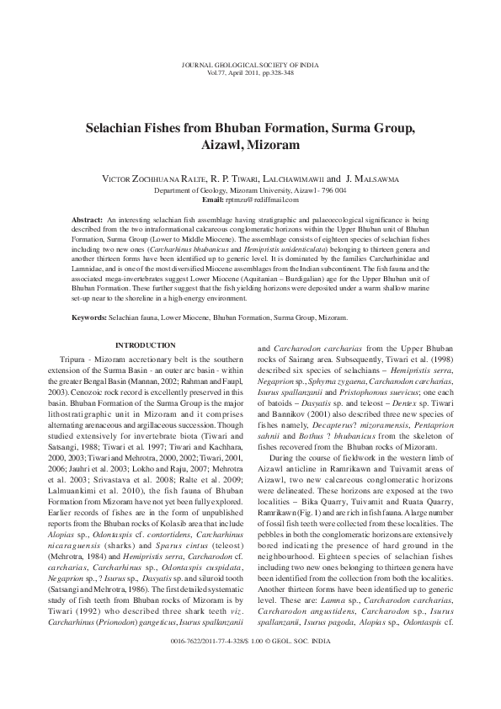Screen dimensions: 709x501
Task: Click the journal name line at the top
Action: pyautogui.click(x=250, y=64)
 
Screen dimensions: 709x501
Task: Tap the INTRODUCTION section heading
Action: pyautogui.click(x=145, y=345)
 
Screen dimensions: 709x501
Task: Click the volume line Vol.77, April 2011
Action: pyautogui.click(x=250, y=72)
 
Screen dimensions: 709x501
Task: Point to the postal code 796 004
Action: pyautogui.click(x=329, y=190)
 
